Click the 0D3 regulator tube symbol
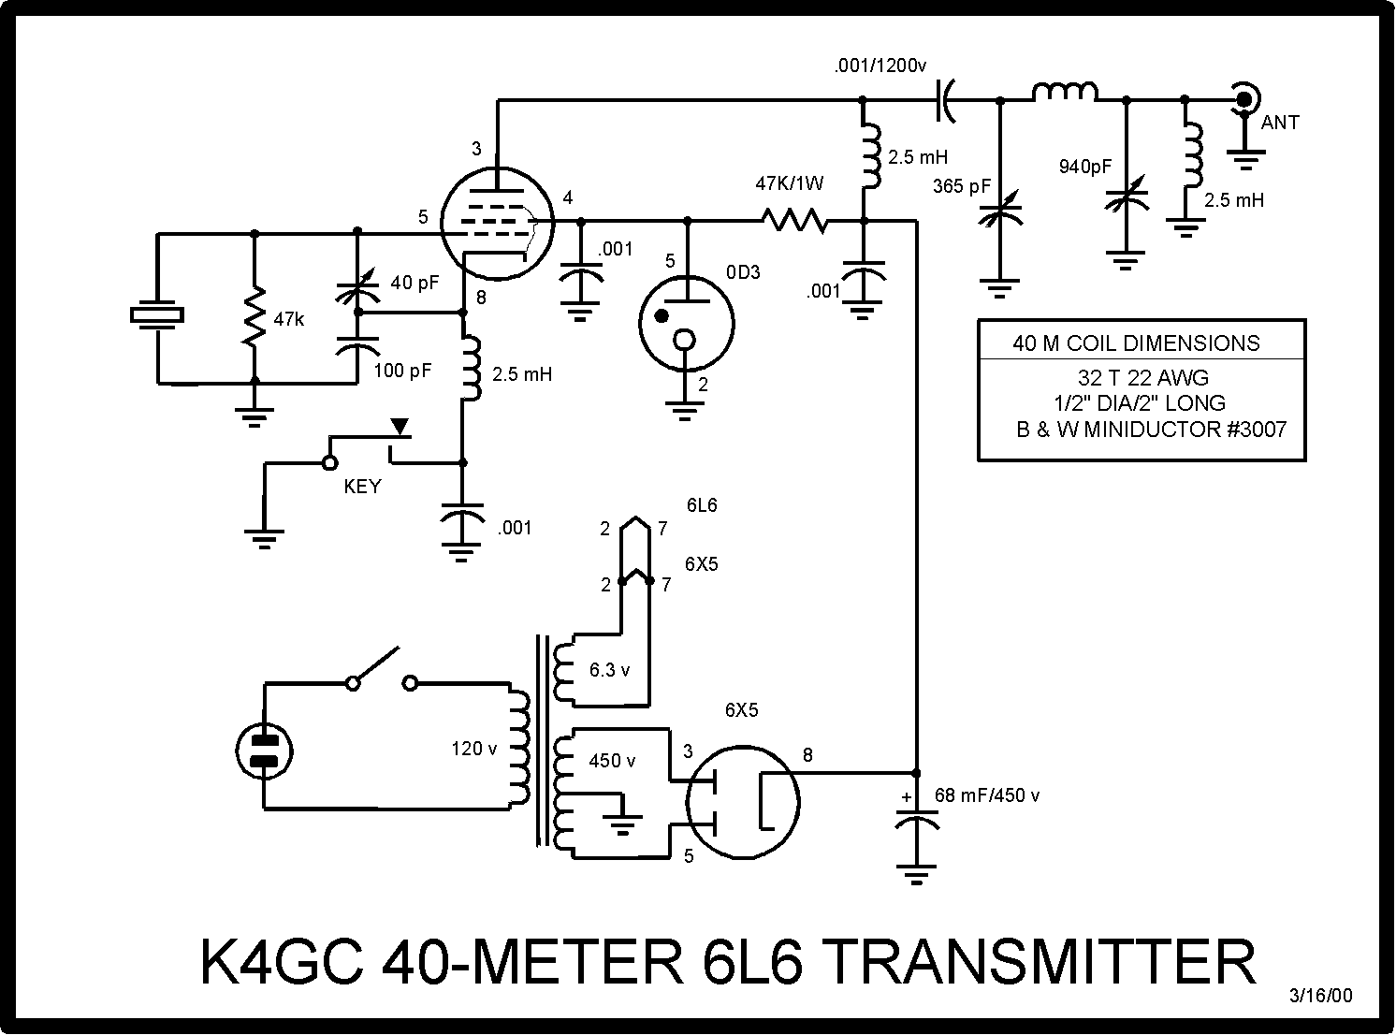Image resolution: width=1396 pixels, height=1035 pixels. [x=686, y=323]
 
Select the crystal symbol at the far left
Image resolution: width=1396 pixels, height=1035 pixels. [x=158, y=315]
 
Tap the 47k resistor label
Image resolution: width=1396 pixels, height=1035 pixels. [x=289, y=319]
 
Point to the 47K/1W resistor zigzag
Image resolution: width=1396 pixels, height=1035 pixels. [x=794, y=221]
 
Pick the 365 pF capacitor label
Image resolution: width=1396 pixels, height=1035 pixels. [x=961, y=186]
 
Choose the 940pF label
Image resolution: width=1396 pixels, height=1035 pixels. [x=1085, y=167]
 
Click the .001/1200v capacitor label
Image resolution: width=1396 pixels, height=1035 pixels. [x=880, y=66]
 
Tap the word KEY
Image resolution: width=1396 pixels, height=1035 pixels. [x=362, y=487]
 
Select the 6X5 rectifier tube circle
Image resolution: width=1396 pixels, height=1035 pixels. [x=743, y=802]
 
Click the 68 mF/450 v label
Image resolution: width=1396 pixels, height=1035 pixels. [x=987, y=795]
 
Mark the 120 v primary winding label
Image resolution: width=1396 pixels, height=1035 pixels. [x=474, y=749]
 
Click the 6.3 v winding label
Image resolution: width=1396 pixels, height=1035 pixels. [x=609, y=670]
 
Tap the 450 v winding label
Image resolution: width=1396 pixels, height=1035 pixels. [x=612, y=761]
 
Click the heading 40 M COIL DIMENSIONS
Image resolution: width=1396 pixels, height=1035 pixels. [x=1136, y=343]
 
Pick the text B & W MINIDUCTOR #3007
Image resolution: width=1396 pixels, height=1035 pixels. [x=1151, y=430]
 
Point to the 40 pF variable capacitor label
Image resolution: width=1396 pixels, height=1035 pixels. [x=414, y=282]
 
